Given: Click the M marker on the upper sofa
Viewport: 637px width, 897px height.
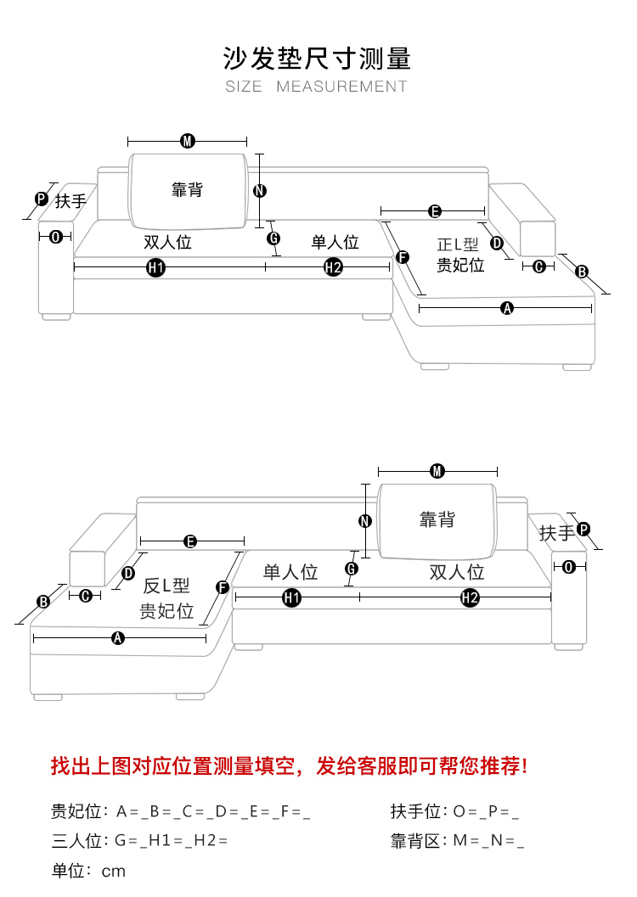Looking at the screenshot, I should pyautogui.click(x=188, y=141).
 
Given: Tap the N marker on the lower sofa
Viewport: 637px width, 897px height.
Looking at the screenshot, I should pyautogui.click(x=365, y=521).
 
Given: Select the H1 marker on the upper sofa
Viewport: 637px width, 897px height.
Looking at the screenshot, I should pyautogui.click(x=155, y=268).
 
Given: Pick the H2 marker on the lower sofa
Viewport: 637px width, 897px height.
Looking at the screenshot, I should pyautogui.click(x=470, y=598).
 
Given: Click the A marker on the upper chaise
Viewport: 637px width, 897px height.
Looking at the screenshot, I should pyautogui.click(x=508, y=308).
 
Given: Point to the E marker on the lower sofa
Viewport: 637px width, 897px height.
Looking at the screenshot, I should pyautogui.click(x=190, y=541).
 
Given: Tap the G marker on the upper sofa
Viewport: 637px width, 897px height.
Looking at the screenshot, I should pyautogui.click(x=273, y=238).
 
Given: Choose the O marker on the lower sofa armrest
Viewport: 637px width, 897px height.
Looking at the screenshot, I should pyautogui.click(x=569, y=567).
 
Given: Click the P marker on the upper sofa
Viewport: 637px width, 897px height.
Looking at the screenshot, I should pyautogui.click(x=41, y=199).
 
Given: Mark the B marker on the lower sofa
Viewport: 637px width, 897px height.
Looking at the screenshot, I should pyautogui.click(x=43, y=602).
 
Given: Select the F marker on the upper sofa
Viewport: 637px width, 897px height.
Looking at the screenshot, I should pyautogui.click(x=403, y=257).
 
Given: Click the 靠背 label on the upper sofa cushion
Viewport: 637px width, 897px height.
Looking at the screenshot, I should pyautogui.click(x=188, y=190).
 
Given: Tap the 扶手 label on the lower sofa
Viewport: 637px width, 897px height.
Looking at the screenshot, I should pyautogui.click(x=556, y=533).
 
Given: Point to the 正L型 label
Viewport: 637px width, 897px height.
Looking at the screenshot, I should pyautogui.click(x=458, y=244).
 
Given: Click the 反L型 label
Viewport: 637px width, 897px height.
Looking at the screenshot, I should pyautogui.click(x=166, y=586).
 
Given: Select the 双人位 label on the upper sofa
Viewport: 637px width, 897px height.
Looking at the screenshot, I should pyautogui.click(x=167, y=243).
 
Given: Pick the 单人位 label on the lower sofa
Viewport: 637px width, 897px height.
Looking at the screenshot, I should pyautogui.click(x=290, y=572).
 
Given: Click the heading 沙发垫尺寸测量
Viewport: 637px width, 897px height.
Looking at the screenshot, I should pyautogui.click(x=317, y=58).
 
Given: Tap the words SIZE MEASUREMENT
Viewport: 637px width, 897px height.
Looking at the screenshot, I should pyautogui.click(x=317, y=87).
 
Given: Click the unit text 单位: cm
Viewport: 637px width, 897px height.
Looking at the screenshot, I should pyautogui.click(x=88, y=872).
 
